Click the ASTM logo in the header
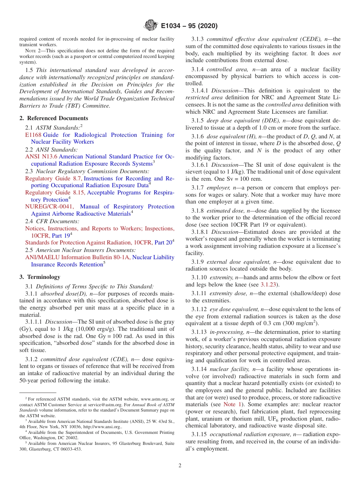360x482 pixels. coord(151,26)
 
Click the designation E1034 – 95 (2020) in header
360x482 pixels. coord(189,26)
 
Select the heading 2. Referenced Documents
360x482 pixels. coord(53,118)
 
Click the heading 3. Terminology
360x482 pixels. coord(39,277)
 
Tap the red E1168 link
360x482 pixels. coord(33,135)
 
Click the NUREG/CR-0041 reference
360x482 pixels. coord(50,207)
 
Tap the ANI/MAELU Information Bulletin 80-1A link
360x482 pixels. coord(77,257)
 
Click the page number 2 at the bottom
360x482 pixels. coord(180,465)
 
